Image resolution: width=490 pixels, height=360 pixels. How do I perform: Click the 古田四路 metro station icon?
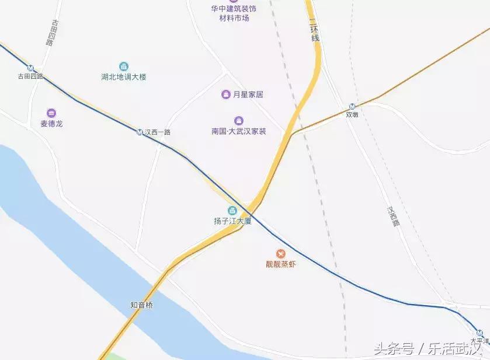(30, 67)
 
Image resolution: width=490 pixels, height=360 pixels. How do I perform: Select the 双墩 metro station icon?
(352, 106)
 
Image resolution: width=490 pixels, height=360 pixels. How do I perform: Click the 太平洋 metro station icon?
(479, 333)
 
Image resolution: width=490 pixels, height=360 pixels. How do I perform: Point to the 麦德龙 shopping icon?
(51, 113)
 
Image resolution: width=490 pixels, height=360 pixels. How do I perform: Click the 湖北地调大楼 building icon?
(123, 67)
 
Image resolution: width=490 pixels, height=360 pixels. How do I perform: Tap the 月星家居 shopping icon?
(226, 94)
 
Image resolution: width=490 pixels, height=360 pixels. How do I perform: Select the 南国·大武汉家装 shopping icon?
(238, 120)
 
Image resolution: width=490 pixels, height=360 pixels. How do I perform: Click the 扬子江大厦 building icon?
(232, 211)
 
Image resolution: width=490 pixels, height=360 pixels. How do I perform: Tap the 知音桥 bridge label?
(141, 305)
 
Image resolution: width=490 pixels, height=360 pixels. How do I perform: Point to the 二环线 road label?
(315, 29)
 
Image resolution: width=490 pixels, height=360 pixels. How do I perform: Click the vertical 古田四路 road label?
(52, 33)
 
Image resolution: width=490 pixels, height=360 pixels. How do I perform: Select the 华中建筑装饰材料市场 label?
(234, 13)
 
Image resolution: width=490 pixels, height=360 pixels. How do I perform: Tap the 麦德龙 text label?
(51, 124)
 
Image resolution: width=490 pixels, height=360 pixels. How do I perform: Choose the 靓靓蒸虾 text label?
(281, 264)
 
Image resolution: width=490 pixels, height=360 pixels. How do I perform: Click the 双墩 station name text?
(352, 115)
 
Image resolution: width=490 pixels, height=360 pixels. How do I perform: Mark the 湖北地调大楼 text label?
(123, 77)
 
